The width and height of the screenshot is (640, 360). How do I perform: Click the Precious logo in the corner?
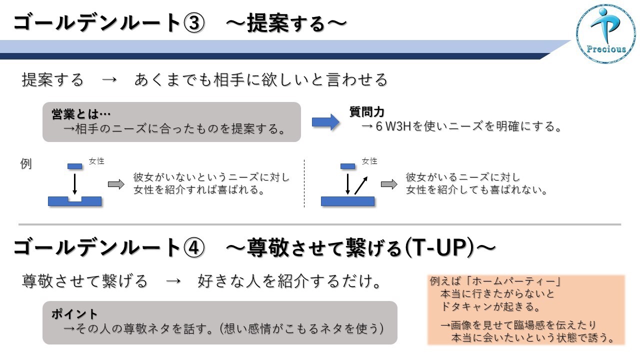tap(605, 33)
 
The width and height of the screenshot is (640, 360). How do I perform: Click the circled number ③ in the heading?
tap(194, 23)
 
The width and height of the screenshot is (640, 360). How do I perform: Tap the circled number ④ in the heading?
tap(194, 247)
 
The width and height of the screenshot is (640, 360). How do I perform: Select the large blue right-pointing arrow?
tap(325, 122)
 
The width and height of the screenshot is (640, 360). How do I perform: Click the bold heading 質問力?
tap(367, 111)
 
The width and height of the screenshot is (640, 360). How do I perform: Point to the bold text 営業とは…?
tap(81, 114)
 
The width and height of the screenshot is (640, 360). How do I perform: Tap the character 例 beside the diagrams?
tap(25, 163)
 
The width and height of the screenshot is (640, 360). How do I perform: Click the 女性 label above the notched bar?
tap(96, 161)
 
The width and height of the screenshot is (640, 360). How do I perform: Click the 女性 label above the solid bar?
tap(369, 161)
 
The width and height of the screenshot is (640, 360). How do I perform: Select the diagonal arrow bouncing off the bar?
tap(361, 185)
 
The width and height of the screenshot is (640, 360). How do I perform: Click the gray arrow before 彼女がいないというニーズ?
tap(116, 184)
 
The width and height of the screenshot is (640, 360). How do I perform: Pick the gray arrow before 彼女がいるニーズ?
tap(389, 184)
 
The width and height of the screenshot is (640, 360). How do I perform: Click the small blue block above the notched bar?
tap(74, 166)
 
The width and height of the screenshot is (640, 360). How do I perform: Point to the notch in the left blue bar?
tap(74, 199)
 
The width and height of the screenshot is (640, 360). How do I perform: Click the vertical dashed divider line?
tap(304, 183)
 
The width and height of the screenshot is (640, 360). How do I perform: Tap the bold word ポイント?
tap(74, 314)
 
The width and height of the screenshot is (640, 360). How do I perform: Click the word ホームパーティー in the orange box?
tap(513, 281)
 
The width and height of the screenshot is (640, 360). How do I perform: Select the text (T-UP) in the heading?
tap(440, 247)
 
